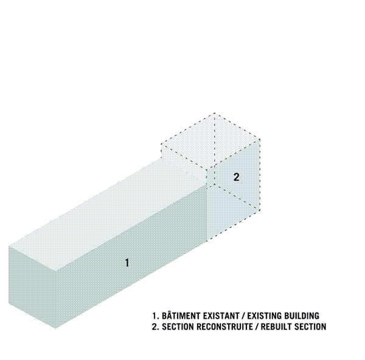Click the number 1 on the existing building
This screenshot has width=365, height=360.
tap(127, 263)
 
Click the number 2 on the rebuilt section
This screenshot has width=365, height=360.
tap(236, 177)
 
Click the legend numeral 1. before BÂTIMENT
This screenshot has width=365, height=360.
tap(156, 316)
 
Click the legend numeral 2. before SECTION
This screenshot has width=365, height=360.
tap(156, 327)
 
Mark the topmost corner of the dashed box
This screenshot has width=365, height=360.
tap(214, 113)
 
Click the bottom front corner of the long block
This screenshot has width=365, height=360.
tap(55, 328)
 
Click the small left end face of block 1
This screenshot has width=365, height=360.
tap(32, 287)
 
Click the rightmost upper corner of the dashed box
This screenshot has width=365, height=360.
tap(260, 140)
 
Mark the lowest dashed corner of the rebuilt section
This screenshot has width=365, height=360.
tap(207, 241)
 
